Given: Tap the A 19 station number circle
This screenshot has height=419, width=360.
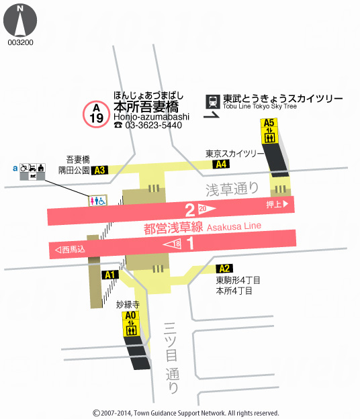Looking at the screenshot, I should pos(97,113).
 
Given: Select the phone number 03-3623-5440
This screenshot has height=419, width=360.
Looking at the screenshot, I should pos(152,125).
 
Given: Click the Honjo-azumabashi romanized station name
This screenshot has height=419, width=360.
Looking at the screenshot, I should pos(151,116).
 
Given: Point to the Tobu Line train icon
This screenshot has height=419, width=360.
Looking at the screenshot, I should pos(213,101).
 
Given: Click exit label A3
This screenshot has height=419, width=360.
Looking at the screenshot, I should pos(100,171).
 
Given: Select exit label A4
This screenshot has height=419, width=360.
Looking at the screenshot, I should pos(220,165).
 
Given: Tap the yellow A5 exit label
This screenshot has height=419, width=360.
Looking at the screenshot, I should pos(269,123).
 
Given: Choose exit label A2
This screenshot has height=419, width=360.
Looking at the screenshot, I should pos(225,269).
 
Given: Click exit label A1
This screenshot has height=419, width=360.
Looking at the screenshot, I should pos(110,275).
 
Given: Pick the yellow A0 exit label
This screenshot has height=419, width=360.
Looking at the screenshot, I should pos(130,315).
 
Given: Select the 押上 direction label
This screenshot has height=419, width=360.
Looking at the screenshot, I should pos(277,203).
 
